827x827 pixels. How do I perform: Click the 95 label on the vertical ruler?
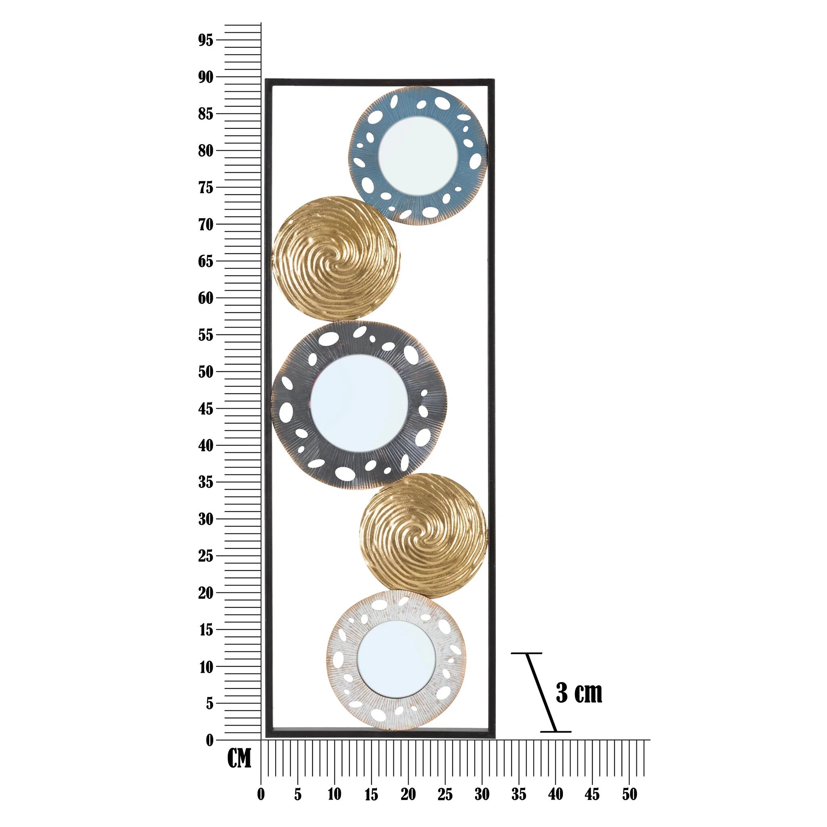tap(206, 40)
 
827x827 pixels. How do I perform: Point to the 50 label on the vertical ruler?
tap(206, 372)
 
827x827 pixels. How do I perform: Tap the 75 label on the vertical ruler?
tap(206, 187)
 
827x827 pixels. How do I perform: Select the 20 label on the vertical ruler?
tap(206, 593)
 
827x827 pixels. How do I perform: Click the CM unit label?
tap(239, 758)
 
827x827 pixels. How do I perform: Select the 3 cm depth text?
tap(579, 693)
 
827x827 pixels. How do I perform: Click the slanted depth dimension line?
tap(541, 692)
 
